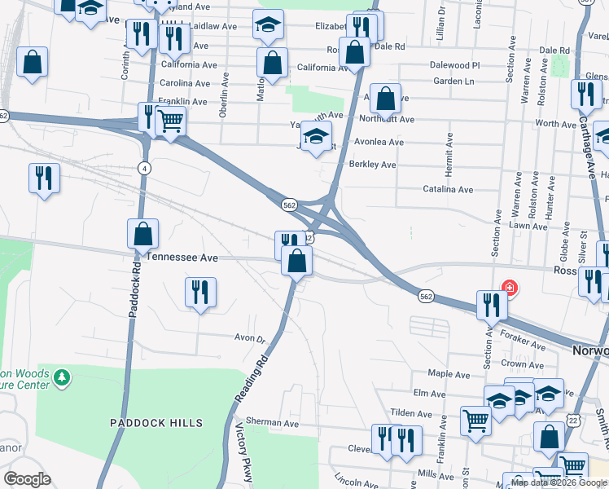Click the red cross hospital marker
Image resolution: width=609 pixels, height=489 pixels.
click(510, 287)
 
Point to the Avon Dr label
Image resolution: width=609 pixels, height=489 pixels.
click(250, 338)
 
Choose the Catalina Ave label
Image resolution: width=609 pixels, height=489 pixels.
click(448, 189)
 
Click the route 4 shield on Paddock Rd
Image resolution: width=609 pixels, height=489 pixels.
click(144, 168)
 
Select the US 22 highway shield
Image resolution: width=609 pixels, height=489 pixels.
click(575, 419)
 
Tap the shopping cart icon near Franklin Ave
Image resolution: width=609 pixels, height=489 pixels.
click(170, 121)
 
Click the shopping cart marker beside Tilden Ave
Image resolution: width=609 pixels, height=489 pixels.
click(475, 421)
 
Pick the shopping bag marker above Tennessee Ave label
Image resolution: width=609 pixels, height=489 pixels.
click(142, 234)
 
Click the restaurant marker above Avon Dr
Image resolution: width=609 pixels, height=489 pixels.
click(199, 292)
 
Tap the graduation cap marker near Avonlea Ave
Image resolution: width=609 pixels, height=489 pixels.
click(316, 136)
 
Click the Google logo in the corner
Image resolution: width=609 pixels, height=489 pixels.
click(27, 479)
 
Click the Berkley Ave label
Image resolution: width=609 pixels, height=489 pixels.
click(372, 165)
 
